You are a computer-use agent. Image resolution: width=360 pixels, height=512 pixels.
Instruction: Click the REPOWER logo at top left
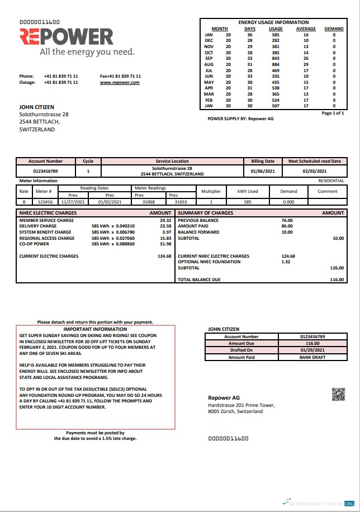pyautogui.click(x=67, y=37)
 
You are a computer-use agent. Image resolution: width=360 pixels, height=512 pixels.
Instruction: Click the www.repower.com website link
pyautogui.click(x=120, y=82)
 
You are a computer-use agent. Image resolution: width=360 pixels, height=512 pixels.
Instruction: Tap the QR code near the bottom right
pyautogui.click(x=338, y=394)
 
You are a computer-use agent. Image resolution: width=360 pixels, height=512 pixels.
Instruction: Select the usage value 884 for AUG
pyautogui.click(x=276, y=65)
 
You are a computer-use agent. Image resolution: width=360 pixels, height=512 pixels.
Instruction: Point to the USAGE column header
pyautogui.click(x=276, y=29)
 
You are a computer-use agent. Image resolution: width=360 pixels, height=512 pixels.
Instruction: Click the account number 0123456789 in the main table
pyautogui.click(x=46, y=171)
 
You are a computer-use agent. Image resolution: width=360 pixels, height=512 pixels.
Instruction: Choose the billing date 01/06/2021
pyautogui.click(x=262, y=171)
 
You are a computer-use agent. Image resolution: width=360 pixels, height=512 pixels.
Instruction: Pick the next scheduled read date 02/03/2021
pyautogui.click(x=314, y=171)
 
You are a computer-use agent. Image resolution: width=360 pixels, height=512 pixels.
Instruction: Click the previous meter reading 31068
pyautogui.click(x=149, y=202)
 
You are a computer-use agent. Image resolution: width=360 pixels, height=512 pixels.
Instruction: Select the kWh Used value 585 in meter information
pyautogui.click(x=248, y=202)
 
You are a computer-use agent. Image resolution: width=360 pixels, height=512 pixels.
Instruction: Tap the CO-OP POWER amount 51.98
pyautogui.click(x=165, y=244)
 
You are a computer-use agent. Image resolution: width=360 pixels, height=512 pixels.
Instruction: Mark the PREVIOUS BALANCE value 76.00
pyautogui.click(x=286, y=220)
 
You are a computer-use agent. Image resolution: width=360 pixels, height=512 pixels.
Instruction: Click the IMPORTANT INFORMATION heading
pyautogui.click(x=95, y=329)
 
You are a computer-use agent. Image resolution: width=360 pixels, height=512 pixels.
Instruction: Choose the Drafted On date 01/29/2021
pyautogui.click(x=312, y=350)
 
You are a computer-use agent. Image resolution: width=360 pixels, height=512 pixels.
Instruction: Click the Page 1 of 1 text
pyautogui.click(x=333, y=113)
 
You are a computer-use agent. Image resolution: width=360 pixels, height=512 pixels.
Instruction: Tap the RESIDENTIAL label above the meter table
pyautogui.click(x=331, y=181)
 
